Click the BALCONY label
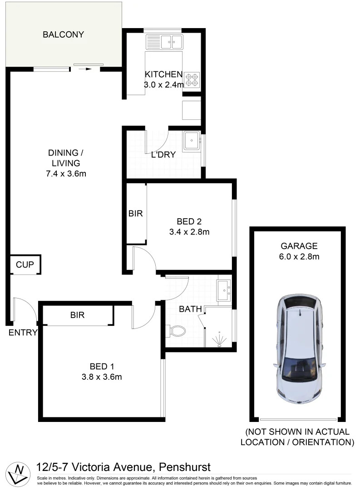[x=63, y=34]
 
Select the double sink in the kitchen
[x=164, y=43]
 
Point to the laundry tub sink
[x=191, y=141]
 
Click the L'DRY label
[x=163, y=154]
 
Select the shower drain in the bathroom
[x=220, y=344]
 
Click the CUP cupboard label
[x=25, y=265]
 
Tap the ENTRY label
[x=23, y=333]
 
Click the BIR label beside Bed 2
[x=135, y=213]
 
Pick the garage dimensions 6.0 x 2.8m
[x=299, y=257]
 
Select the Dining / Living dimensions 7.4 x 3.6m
[x=66, y=173]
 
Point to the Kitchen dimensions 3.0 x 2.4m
[x=164, y=84]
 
